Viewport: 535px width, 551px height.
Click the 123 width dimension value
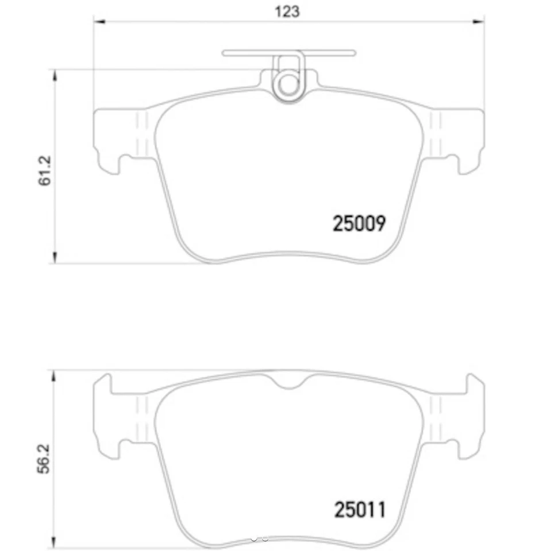click(287, 11)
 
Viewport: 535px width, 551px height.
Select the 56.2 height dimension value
click(45, 457)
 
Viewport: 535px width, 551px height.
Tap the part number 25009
click(359, 223)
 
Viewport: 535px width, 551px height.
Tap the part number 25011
click(360, 509)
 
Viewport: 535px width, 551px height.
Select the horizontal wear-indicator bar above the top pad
click(289, 53)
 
